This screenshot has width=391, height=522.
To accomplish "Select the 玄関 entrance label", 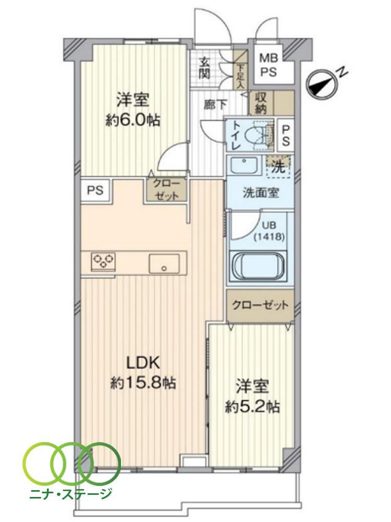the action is [x=204, y=68].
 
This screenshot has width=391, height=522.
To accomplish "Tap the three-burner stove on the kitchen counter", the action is [x=103, y=260].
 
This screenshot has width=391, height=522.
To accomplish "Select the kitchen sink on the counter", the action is [x=164, y=263].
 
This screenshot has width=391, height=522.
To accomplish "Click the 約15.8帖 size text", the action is [x=143, y=384].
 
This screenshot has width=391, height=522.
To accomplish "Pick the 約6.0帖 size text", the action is [x=132, y=120].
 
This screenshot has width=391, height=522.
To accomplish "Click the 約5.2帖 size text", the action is [x=253, y=407].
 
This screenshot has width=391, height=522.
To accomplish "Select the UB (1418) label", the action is [x=268, y=231].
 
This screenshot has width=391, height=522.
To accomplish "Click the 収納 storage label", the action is [x=261, y=103].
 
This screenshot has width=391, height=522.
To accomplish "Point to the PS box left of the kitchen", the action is [x=95, y=191].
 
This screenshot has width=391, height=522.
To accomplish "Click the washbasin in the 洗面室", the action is [x=244, y=165].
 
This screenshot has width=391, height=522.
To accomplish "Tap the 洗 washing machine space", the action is [x=278, y=166].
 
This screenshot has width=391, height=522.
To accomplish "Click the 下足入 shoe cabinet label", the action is [x=240, y=77].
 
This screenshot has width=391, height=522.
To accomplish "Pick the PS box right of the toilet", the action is [x=286, y=135].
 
